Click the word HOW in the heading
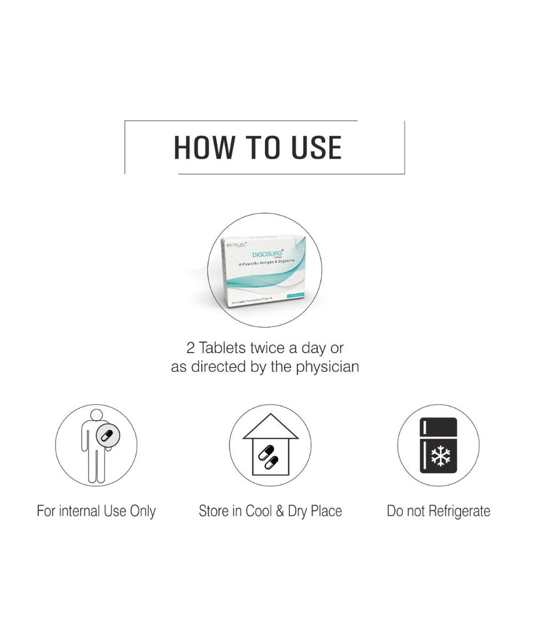[204, 147]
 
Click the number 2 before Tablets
[191, 347]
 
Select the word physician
[323, 367]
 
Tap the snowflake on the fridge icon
[441, 457]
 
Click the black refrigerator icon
[439, 446]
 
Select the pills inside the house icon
[267, 457]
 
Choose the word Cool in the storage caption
[258, 511]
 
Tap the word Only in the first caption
[142, 511]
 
